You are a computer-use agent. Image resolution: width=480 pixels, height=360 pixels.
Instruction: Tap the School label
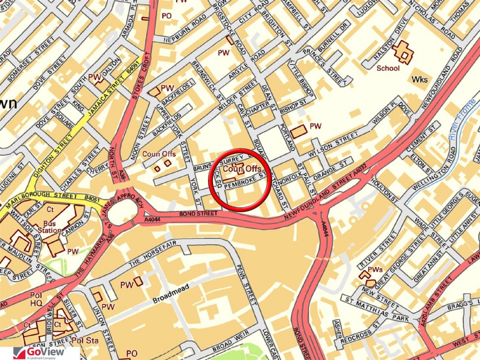[x=388, y=68]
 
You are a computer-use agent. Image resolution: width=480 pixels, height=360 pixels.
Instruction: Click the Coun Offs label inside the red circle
[x=242, y=168]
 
